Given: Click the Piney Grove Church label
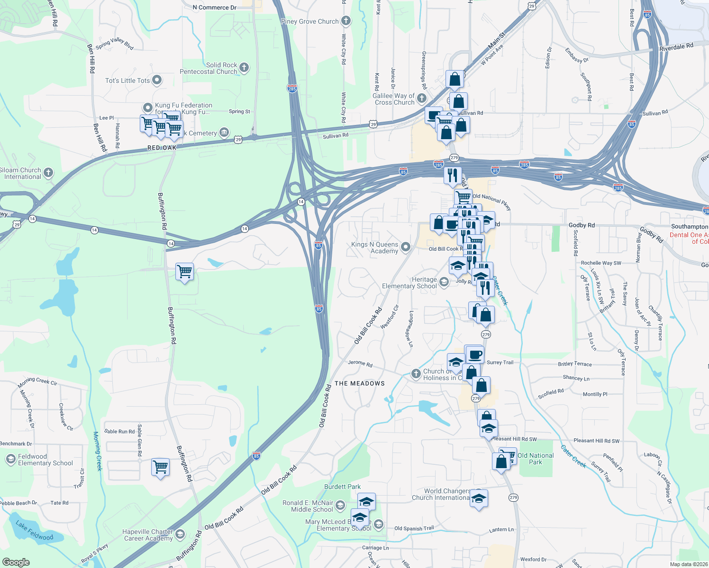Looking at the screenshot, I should [x=309, y=21].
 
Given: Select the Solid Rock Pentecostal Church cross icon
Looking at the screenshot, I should [x=244, y=68].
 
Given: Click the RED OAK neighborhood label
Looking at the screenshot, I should [x=162, y=148].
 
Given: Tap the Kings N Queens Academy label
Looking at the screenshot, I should [x=374, y=248].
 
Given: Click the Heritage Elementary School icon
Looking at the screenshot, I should [x=444, y=282].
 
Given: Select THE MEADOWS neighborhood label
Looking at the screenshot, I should [x=360, y=383].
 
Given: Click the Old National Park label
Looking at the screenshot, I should [x=536, y=459].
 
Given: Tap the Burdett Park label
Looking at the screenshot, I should [x=342, y=487].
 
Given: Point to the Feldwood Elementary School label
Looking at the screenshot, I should [x=45, y=460].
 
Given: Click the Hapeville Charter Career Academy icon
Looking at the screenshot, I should [x=180, y=535].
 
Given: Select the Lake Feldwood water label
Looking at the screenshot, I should [x=35, y=531].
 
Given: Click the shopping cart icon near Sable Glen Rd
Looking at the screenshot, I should [x=160, y=467].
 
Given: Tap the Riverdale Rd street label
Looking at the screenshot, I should [x=676, y=47].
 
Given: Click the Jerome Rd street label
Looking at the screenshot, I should [x=360, y=364].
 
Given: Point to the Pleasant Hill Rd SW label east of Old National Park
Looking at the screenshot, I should [x=596, y=441].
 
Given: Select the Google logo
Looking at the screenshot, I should [x=16, y=562].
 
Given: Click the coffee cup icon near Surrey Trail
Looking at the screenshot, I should [x=474, y=354].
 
